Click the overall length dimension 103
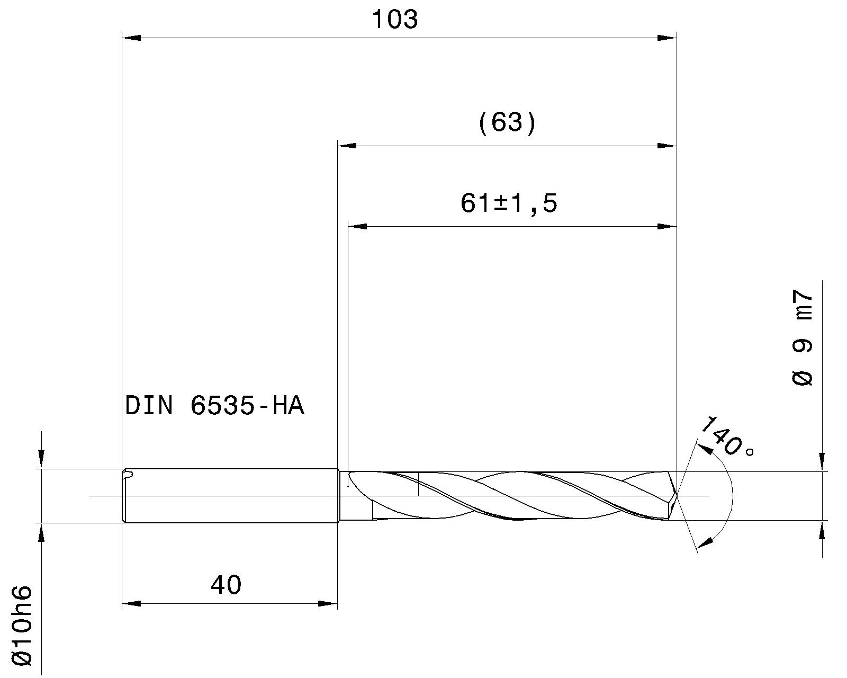pos(395,20)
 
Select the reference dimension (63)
pos(507,123)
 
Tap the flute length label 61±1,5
pos(509,203)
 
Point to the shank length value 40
pos(226,585)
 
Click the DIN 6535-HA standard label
pos(214,406)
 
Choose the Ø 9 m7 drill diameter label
pos(803,338)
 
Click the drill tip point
pos(678,496)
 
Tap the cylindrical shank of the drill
pos(233,496)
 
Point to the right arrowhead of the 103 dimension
pos(667,38)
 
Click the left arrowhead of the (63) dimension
pos(347,146)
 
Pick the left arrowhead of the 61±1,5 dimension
pos(357,227)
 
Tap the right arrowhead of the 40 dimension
pos(328,603)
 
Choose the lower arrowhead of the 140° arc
pos(705,542)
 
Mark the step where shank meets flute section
pos(339,496)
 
